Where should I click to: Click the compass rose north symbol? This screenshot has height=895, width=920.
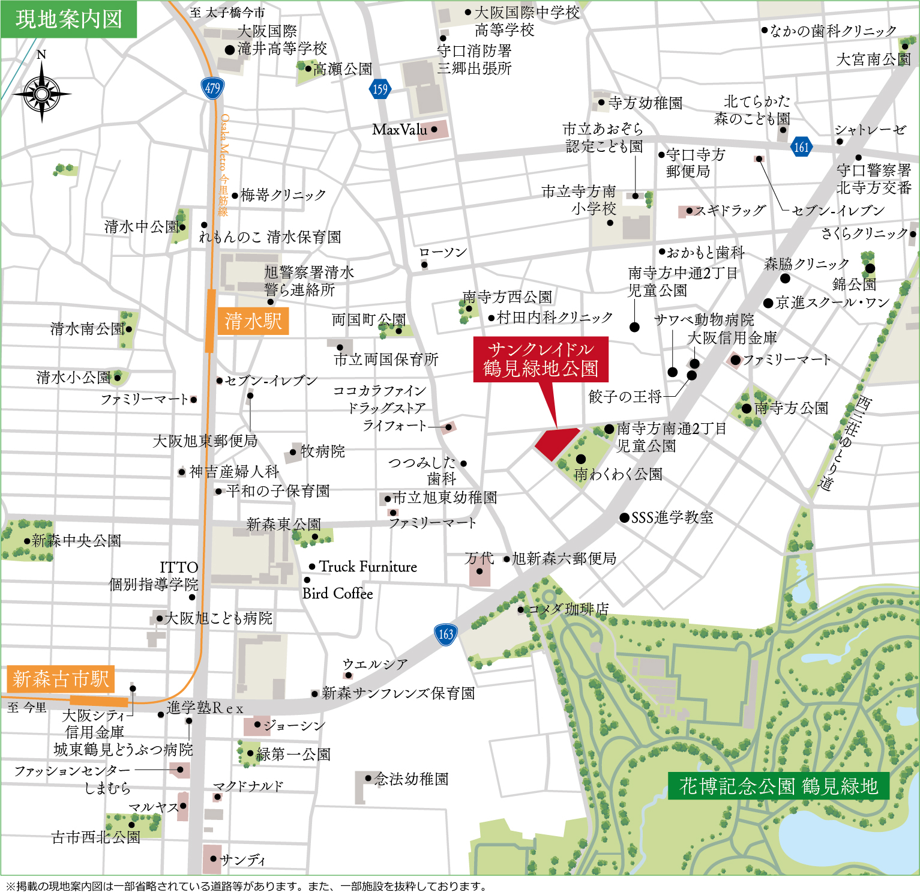pos(41,93)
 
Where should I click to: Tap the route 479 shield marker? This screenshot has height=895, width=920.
pos(212,88)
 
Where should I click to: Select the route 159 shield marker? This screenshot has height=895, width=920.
pos(380,89)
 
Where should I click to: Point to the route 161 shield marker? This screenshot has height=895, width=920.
pos(801,146)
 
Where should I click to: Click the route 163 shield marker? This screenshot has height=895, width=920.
pos(445,634)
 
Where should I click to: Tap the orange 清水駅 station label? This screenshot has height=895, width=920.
pos(253,321)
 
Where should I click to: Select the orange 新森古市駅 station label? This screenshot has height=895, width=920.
pos(61,679)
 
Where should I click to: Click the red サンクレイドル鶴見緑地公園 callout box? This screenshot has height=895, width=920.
pos(541,359)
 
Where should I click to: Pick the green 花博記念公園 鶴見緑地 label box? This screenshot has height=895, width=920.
pos(778,786)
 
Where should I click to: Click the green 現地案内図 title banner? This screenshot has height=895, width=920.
pos(68,19)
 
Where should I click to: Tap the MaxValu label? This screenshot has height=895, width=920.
pos(400,130)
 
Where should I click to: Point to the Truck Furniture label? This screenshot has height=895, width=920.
pos(368,567)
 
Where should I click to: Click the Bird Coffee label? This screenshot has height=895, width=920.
pos(338,594)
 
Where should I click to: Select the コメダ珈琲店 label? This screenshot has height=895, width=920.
pos(568,609)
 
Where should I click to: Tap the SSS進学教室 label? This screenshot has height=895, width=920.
pos(672,517)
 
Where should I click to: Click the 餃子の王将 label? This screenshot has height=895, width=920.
pos(625,396)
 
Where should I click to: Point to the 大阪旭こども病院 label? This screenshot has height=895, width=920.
pos(218,618)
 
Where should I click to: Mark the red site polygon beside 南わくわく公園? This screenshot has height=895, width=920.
pos(555,443)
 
